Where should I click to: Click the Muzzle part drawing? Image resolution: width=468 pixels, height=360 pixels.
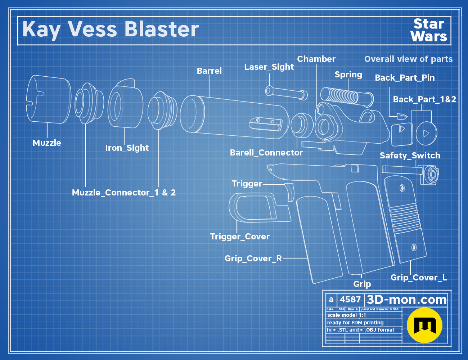click(x=49, y=99)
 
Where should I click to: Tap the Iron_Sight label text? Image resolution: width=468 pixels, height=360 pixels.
click(x=127, y=148)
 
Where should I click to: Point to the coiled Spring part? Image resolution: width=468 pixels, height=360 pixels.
click(x=347, y=97)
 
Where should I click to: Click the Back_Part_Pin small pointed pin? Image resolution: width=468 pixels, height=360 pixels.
click(x=402, y=117)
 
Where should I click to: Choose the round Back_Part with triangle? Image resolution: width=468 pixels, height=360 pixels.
click(x=426, y=134)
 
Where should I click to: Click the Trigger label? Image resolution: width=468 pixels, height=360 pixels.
click(x=247, y=184)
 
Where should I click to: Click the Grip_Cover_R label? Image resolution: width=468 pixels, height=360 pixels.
click(x=253, y=258)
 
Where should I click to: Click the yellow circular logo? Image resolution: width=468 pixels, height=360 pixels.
click(x=424, y=325)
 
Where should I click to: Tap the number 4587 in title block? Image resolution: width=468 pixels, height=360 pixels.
click(x=350, y=300)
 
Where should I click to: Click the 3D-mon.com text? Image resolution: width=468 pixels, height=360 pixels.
click(x=406, y=300)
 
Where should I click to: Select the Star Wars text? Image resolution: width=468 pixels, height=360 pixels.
click(x=429, y=30)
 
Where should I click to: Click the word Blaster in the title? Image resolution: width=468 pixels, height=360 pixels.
click(x=162, y=29)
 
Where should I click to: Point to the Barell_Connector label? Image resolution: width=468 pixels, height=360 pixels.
click(x=266, y=153)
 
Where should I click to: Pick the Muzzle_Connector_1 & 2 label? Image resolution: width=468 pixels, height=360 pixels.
click(x=124, y=193)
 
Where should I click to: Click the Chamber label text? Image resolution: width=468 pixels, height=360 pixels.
click(x=316, y=59)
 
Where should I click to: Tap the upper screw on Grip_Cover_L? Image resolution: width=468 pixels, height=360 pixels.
click(x=402, y=188)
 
